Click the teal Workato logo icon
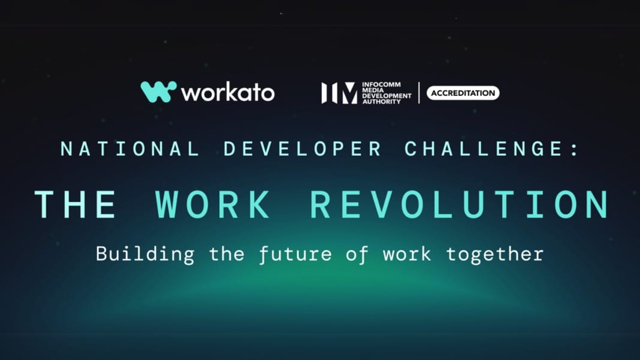(x=158, y=92)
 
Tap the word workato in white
(x=228, y=92)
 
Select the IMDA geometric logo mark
(x=339, y=93)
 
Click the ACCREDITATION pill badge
(x=463, y=93)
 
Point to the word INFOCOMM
(x=381, y=84)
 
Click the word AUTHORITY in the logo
(x=382, y=101)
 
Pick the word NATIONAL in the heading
(x=130, y=149)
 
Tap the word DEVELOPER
(x=303, y=149)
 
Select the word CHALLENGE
(x=484, y=149)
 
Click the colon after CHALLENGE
(x=575, y=149)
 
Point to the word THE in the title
(x=76, y=204)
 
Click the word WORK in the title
(x=213, y=204)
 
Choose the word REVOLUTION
(x=460, y=204)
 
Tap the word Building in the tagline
(x=145, y=255)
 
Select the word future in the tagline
(x=295, y=255)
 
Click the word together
(x=495, y=255)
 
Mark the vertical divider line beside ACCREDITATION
(x=419, y=93)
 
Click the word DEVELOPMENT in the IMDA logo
(x=387, y=96)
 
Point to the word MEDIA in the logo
(x=373, y=90)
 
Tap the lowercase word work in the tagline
(x=407, y=255)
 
